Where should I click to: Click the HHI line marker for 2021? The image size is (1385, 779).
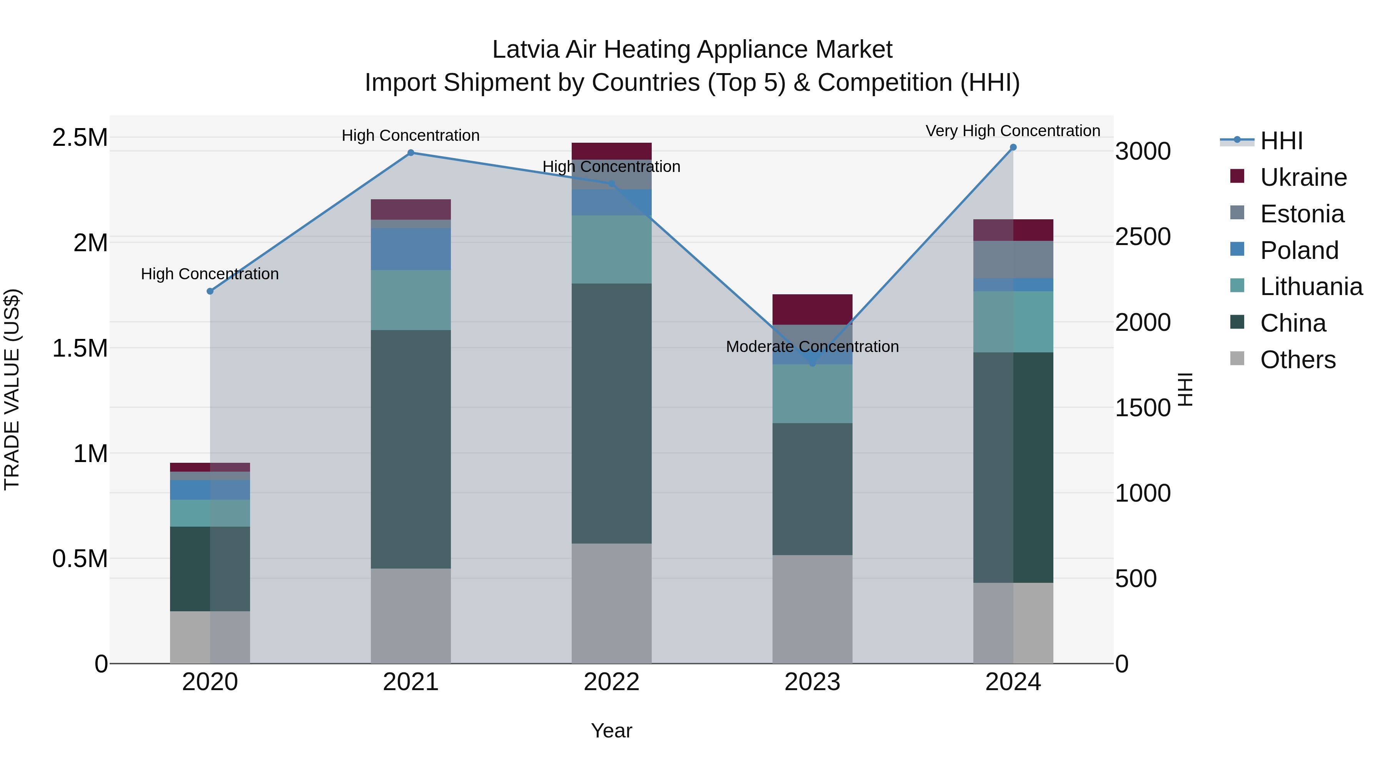pos(411,153)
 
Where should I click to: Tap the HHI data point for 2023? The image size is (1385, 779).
pos(813,364)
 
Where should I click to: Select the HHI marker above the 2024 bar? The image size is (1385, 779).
pos(1013,147)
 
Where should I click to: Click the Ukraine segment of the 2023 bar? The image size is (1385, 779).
pos(813,309)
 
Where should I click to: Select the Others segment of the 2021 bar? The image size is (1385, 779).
pos(411,616)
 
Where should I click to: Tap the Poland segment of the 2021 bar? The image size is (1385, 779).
pos(411,249)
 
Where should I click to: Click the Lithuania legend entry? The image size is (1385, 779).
pos(1311,287)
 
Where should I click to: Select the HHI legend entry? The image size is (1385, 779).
pos(1281,141)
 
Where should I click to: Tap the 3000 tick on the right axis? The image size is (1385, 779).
pos(1143,152)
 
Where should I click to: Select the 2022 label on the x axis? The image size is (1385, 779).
pos(611,682)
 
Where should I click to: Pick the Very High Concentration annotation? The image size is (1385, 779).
pos(1013,131)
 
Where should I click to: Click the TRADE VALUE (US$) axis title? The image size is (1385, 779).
pos(12,389)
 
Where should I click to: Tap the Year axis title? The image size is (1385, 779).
pos(611,731)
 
